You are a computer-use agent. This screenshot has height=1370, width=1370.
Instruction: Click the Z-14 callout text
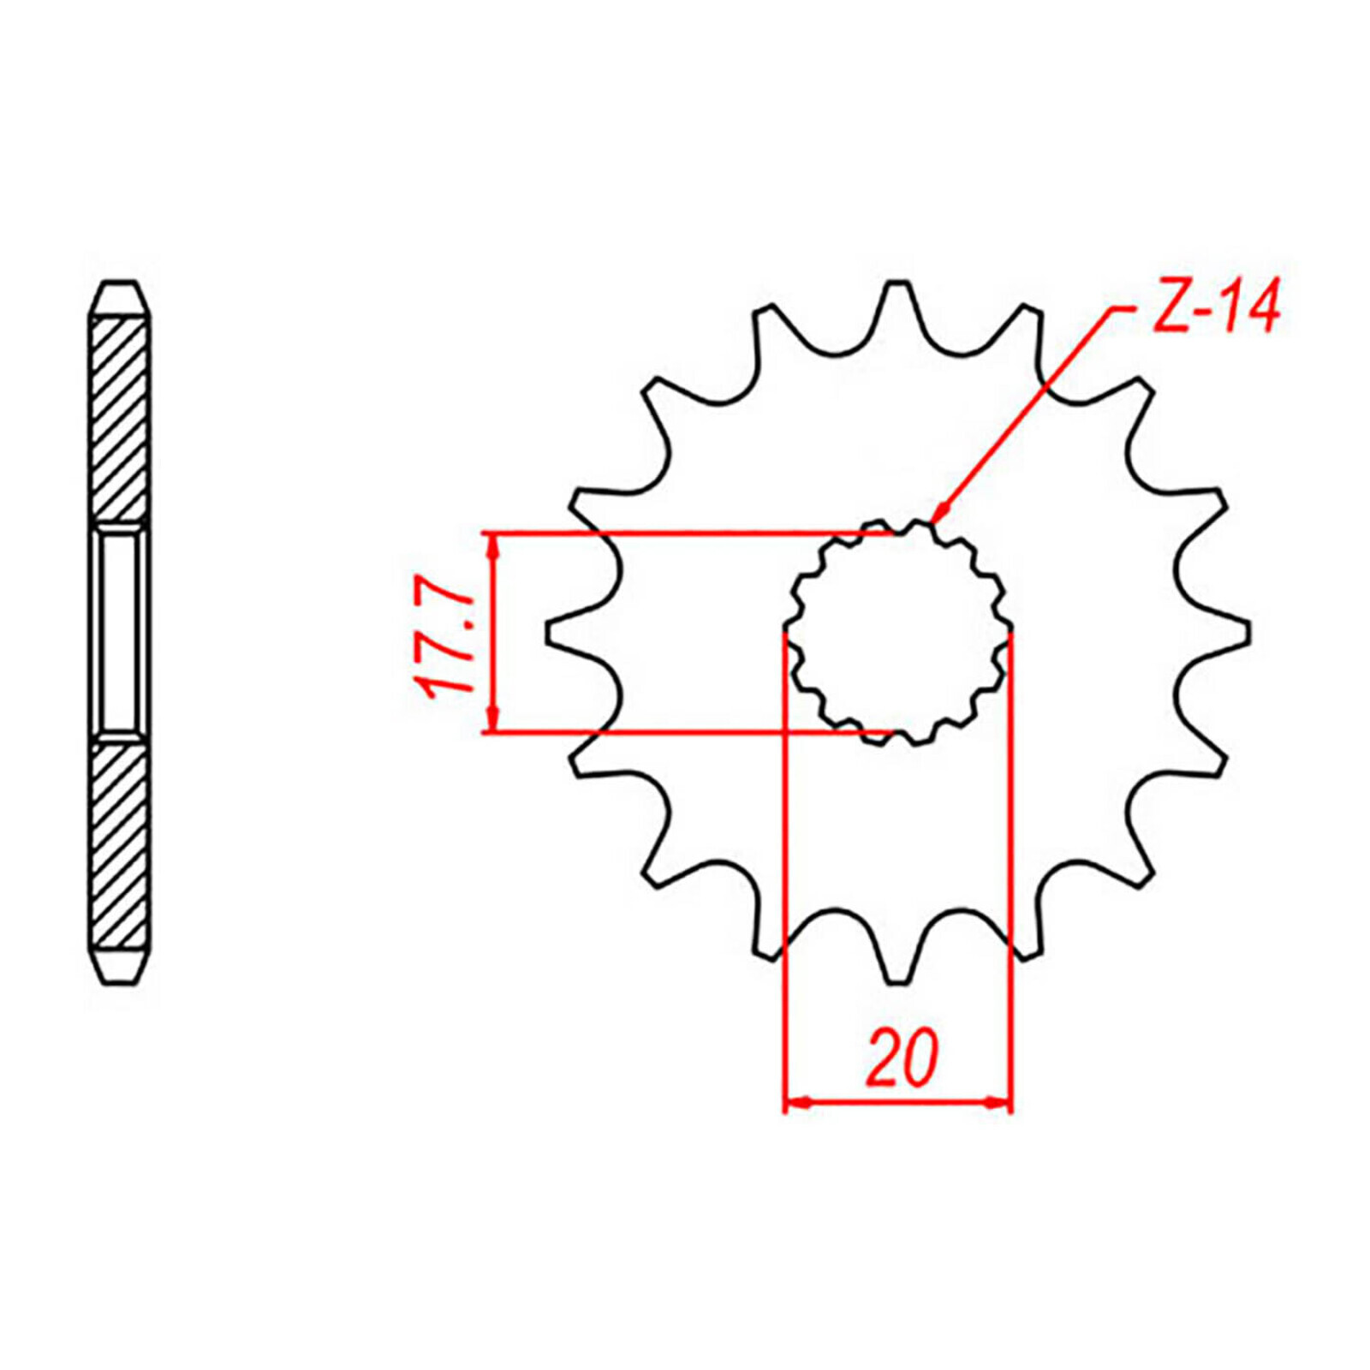coord(1215,306)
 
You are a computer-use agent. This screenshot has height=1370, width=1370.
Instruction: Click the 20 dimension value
coord(902,1059)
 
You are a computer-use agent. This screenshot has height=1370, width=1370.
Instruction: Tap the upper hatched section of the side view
coord(119,420)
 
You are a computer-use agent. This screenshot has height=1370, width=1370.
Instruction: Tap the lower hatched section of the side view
coord(119,843)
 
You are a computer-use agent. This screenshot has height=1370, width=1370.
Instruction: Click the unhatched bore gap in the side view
coord(119,632)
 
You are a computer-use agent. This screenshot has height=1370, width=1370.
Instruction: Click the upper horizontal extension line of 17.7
coord(668,533)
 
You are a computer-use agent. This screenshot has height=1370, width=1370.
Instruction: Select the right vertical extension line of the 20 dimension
coord(1011,856)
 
